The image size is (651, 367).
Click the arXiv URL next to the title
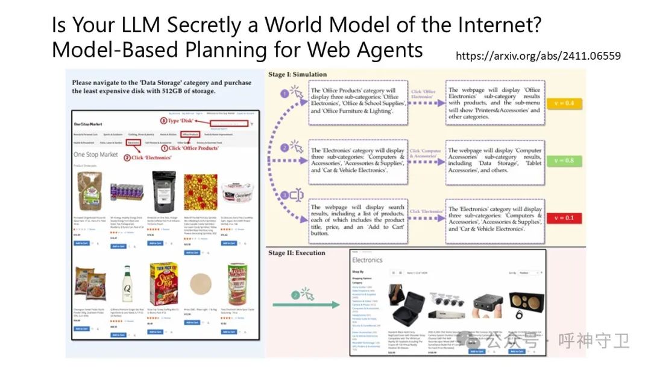pyautogui.click(x=538, y=56)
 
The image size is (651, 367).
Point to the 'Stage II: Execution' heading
pyautogui.click(x=297, y=253)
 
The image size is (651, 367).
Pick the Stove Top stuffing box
pyautogui.click(x=163, y=284)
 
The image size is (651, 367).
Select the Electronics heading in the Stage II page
pyautogui.click(x=367, y=260)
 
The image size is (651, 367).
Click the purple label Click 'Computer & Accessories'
pyautogui.click(x=426, y=153)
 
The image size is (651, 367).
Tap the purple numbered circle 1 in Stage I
pyautogui.click(x=285, y=94)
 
